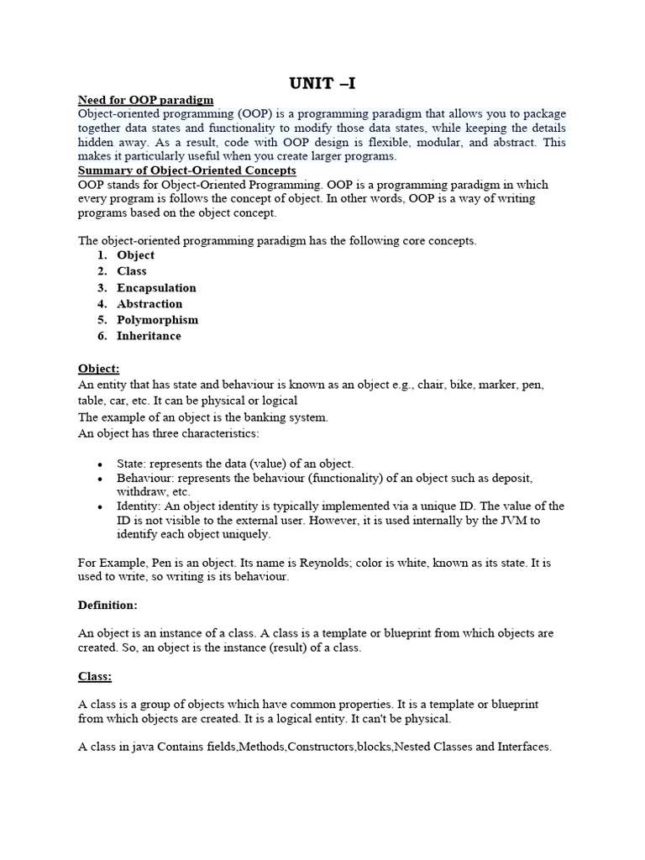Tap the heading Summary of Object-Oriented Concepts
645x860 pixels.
(x=186, y=170)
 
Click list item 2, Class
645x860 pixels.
(x=132, y=271)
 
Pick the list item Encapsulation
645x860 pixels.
(x=156, y=287)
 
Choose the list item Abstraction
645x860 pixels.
(x=149, y=304)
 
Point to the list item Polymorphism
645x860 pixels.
(x=158, y=320)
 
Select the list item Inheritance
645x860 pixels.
(x=149, y=336)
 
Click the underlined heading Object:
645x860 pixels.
(x=98, y=369)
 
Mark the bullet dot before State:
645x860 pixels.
(x=100, y=464)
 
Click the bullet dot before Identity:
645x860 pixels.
(x=100, y=507)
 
